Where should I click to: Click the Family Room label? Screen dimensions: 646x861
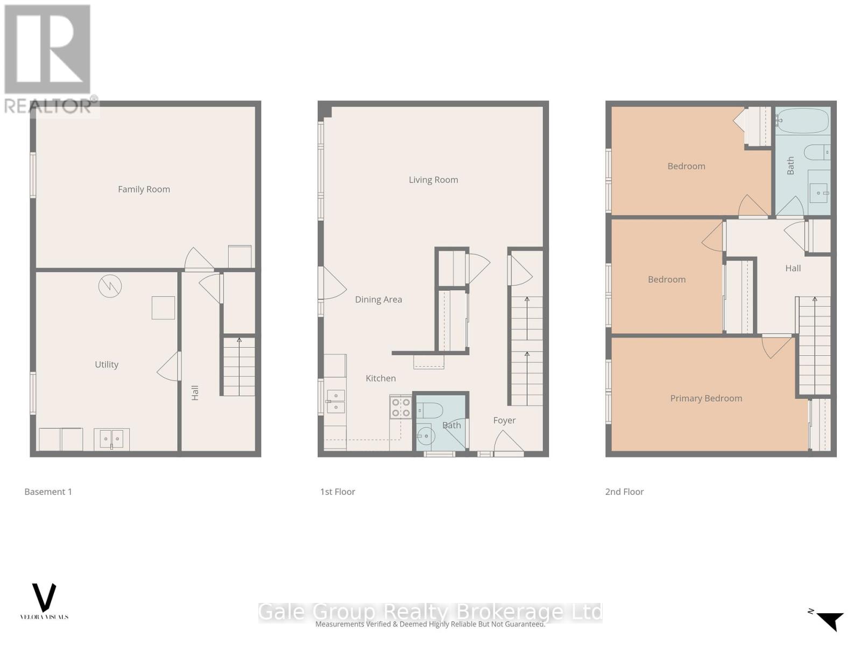pyautogui.click(x=144, y=189)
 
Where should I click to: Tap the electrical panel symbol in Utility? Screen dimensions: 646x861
pyautogui.click(x=110, y=286)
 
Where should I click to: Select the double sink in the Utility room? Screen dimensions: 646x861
pyautogui.click(x=111, y=439)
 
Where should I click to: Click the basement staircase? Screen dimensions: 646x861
pyautogui.click(x=239, y=366)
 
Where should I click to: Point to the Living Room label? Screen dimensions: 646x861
pyautogui.click(x=433, y=180)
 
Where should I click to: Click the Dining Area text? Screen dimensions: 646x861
pyautogui.click(x=378, y=300)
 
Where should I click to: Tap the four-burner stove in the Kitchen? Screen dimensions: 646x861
pyautogui.click(x=400, y=408)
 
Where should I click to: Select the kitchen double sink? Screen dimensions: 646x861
pyautogui.click(x=335, y=402)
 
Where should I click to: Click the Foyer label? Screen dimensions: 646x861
pyautogui.click(x=504, y=420)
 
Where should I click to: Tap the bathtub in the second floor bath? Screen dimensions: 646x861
pyautogui.click(x=802, y=121)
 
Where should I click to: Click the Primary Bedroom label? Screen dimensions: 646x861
pyautogui.click(x=706, y=398)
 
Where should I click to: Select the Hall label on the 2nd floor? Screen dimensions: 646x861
pyautogui.click(x=793, y=268)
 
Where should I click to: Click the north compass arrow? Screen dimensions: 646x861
pyautogui.click(x=830, y=621)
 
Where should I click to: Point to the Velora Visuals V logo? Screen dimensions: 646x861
pyautogui.click(x=44, y=598)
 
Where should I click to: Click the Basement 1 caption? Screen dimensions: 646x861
pyautogui.click(x=48, y=491)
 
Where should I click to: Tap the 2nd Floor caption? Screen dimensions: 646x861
pyautogui.click(x=624, y=491)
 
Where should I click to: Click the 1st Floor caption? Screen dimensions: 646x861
pyautogui.click(x=337, y=491)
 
